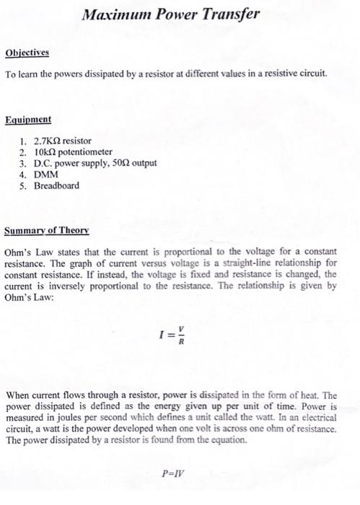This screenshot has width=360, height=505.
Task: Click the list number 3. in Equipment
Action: coord(23,163)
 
